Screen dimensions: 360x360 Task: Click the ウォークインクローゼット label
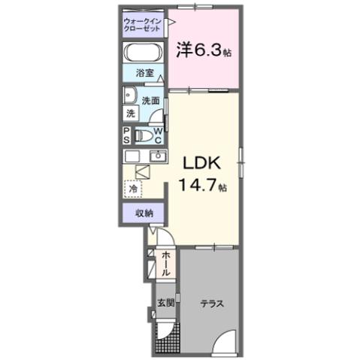[x=143, y=23]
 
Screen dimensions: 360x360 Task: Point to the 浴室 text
[x=144, y=74]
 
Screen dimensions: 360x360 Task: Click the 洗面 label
[x=150, y=100]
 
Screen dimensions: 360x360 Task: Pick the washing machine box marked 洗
[x=131, y=113]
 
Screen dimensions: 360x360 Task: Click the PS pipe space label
[x=127, y=135]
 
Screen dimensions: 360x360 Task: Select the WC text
[x=159, y=136]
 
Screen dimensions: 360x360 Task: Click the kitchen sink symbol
[x=158, y=156]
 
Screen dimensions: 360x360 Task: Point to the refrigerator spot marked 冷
[x=132, y=189]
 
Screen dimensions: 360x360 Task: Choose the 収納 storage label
[x=144, y=213]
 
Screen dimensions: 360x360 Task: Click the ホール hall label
[x=165, y=265]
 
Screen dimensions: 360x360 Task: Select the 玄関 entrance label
[x=165, y=304]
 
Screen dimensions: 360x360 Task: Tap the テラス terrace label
[x=210, y=304]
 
